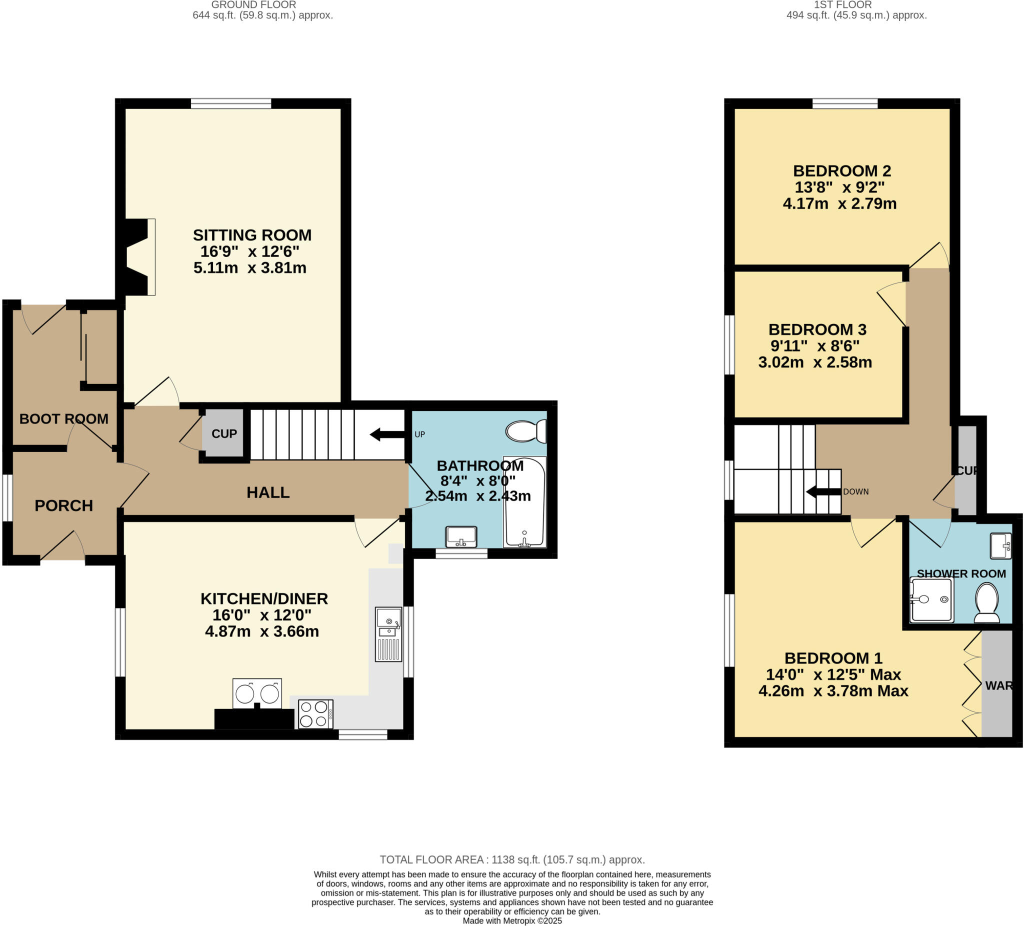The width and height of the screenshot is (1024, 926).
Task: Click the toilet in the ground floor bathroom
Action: pos(526,430)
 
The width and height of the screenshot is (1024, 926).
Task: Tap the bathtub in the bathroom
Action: pos(524,502)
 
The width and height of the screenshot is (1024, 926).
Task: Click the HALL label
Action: pos(267,492)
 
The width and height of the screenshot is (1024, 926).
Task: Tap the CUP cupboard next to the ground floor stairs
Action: pos(224,433)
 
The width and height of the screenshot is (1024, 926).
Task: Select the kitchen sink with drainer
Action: pos(388,634)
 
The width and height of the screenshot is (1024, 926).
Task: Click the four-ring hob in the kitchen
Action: pos(315,713)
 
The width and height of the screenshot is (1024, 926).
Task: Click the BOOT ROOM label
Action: pos(64,418)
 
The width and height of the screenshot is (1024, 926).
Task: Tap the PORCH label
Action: pos(64,505)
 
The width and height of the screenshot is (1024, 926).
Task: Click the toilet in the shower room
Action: pos(986,603)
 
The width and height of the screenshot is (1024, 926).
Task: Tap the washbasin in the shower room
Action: pos(1000,545)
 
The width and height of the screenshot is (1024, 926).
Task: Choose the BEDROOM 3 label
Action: pos(817,329)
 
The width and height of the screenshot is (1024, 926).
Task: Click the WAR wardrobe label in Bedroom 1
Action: pos(998,685)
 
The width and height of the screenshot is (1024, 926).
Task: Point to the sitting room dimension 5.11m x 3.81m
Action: pos(250,267)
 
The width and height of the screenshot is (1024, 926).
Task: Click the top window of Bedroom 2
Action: pos(844,103)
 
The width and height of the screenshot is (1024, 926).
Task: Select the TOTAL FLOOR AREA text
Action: pos(512,859)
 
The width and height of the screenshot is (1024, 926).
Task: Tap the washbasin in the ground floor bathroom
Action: pos(461,536)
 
